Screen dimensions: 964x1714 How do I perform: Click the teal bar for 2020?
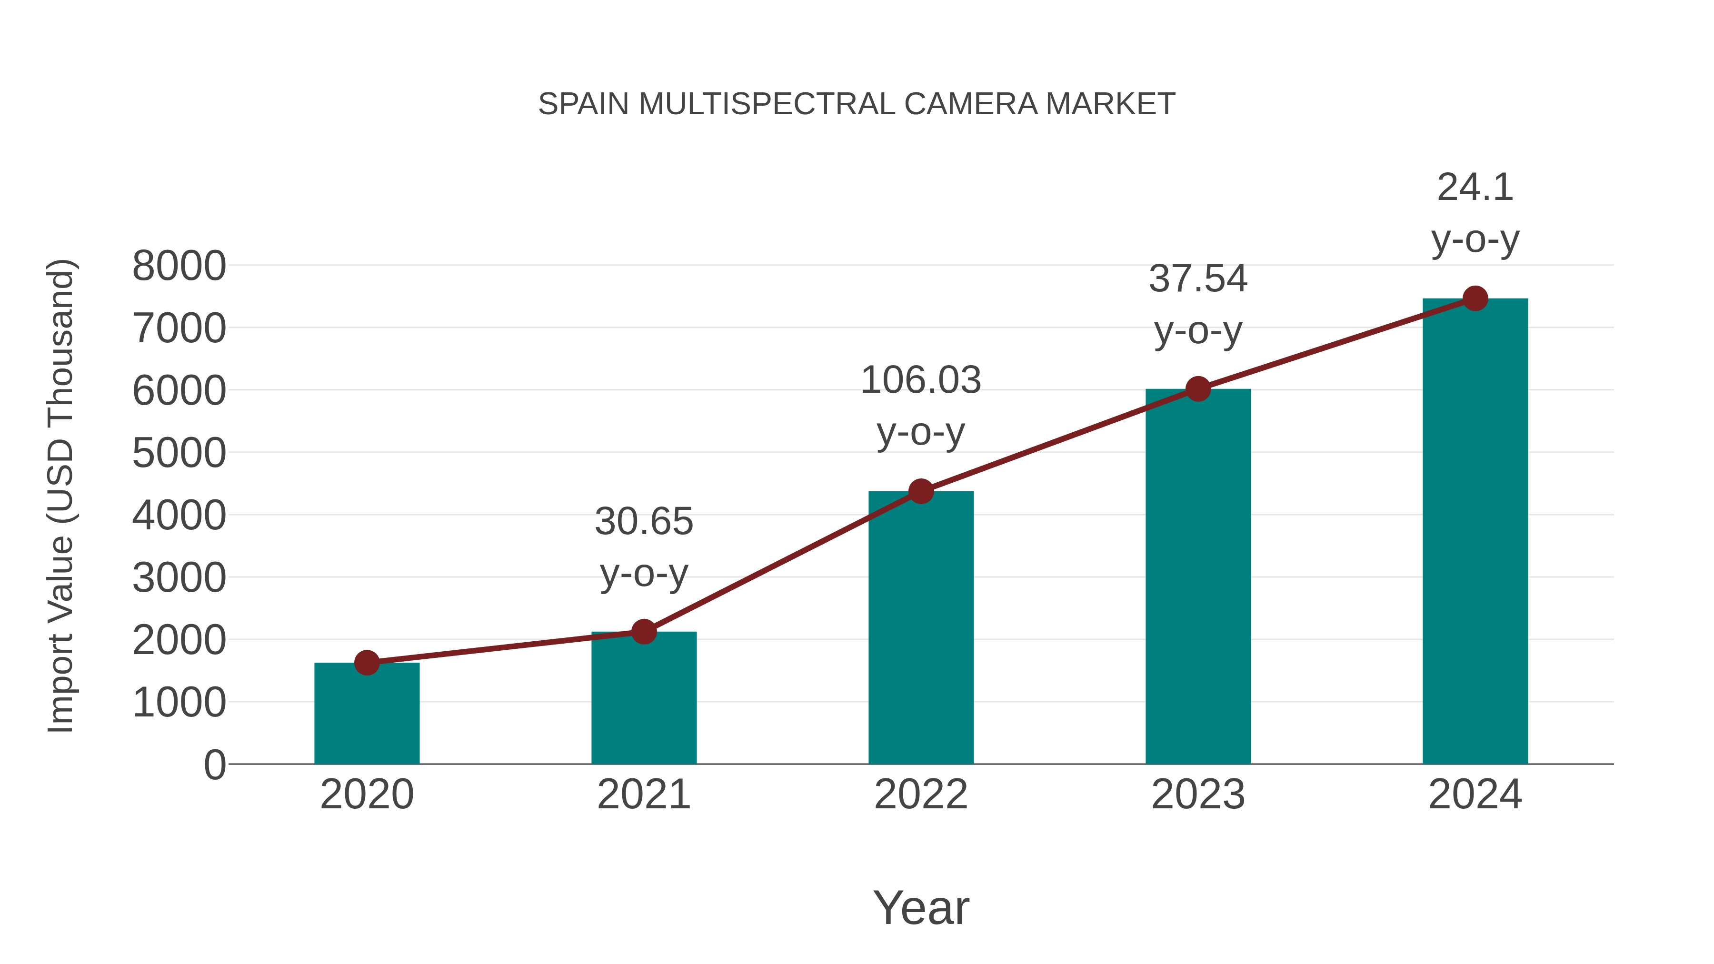pyautogui.click(x=367, y=715)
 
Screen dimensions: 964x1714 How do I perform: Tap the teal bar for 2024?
pyautogui.click(x=1475, y=532)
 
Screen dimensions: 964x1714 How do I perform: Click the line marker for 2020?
pyautogui.click(x=367, y=663)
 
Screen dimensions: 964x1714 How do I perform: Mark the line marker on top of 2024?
pyautogui.click(x=1475, y=298)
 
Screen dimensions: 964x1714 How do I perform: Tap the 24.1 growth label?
pyautogui.click(x=1475, y=188)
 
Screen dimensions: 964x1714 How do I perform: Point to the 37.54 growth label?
pyautogui.click(x=1198, y=279)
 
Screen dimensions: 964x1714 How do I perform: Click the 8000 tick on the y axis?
pyautogui.click(x=179, y=267)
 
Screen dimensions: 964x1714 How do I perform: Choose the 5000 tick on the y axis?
pyautogui.click(x=179, y=454)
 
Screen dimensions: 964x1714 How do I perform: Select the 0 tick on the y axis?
pyautogui.click(x=214, y=765)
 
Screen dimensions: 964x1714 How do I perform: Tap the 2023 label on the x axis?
pyautogui.click(x=1198, y=795)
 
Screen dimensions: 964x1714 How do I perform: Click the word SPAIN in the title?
pyautogui.click(x=584, y=104)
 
